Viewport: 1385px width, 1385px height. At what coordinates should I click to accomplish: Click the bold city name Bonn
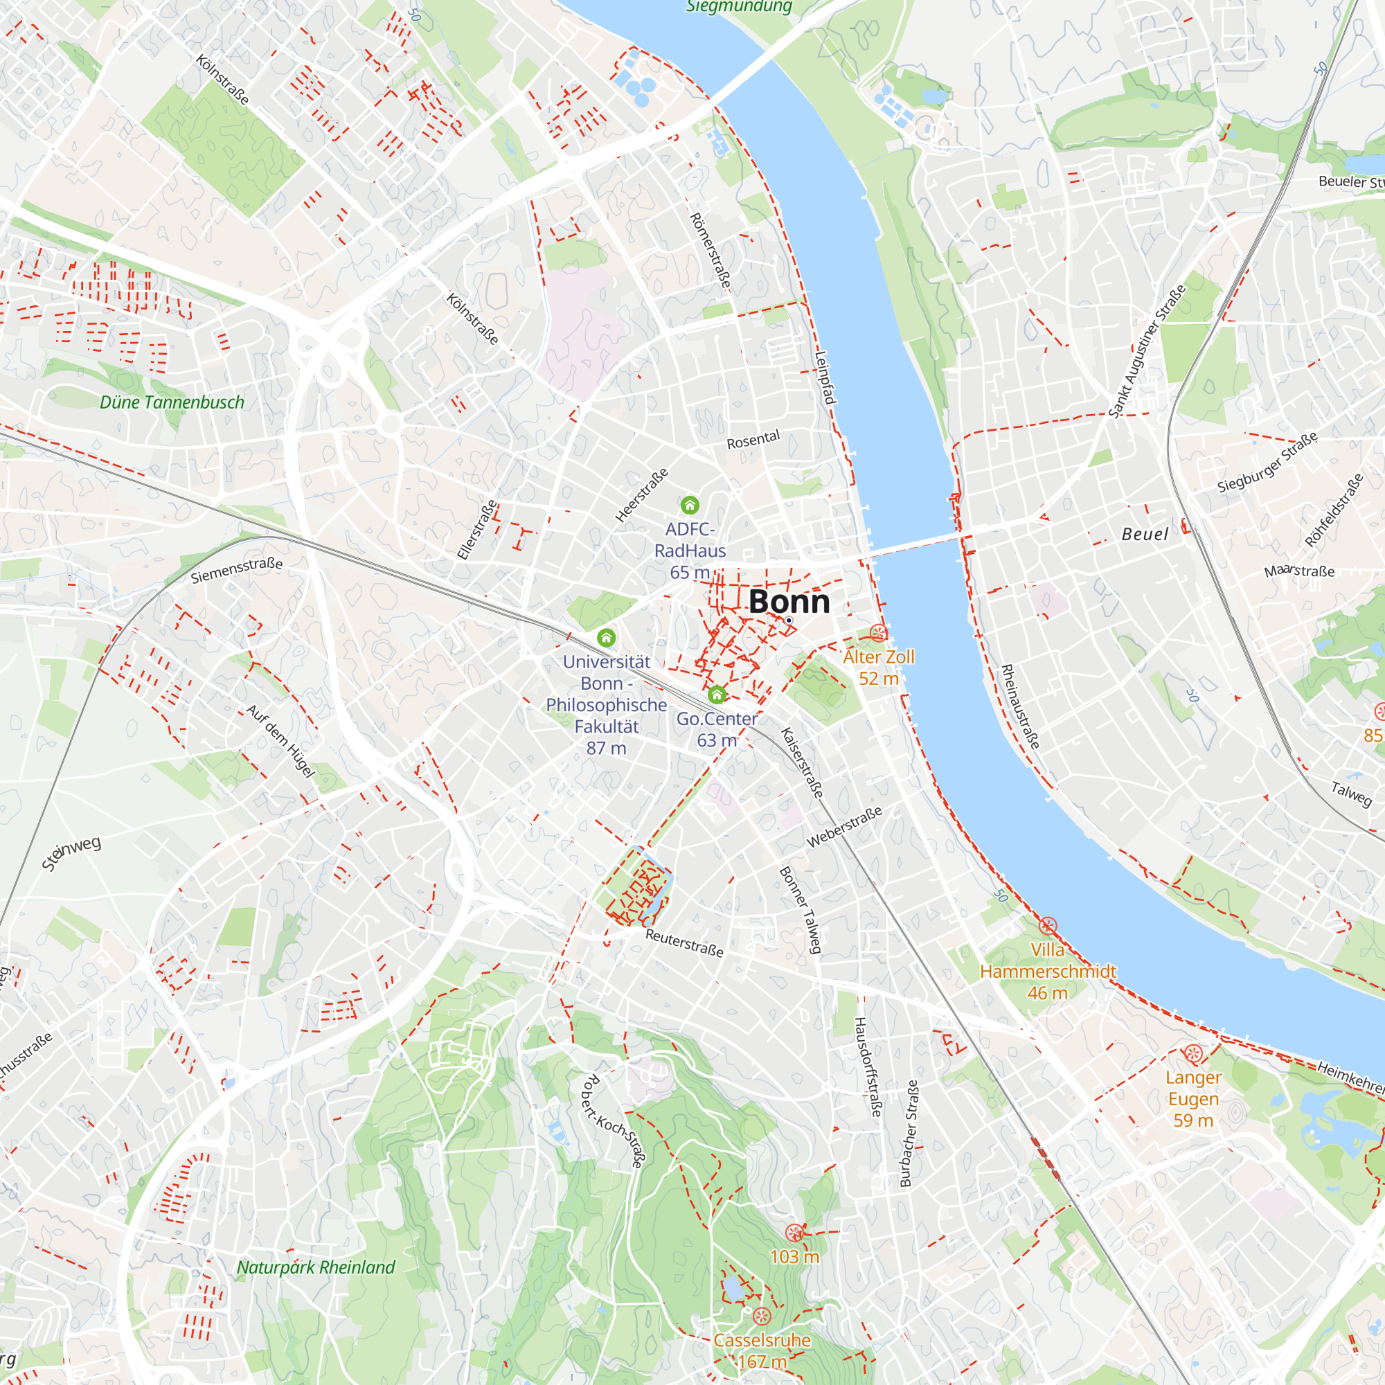[x=789, y=602]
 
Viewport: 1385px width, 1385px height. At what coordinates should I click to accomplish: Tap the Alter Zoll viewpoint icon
[x=878, y=632]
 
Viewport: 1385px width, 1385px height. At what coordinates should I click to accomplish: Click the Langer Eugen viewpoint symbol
[x=1193, y=1054]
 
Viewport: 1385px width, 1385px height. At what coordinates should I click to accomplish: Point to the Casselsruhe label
[x=762, y=1340]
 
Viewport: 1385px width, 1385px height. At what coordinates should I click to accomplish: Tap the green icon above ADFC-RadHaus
[x=690, y=506]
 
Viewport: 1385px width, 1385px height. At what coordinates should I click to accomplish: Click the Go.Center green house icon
[x=716, y=694]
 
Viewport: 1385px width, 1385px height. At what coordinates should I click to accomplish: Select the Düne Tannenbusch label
[x=172, y=402]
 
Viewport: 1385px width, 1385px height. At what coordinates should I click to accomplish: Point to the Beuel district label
[x=1145, y=534]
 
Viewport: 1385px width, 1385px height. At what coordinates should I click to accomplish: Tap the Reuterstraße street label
[x=684, y=942]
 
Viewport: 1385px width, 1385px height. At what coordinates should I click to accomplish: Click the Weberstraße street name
[x=843, y=827]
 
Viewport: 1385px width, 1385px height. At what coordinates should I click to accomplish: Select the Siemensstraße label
[x=237, y=570]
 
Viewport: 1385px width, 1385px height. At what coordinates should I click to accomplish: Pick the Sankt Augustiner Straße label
[x=1146, y=351]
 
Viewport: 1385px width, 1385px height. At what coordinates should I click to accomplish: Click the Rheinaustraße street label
[x=1019, y=707]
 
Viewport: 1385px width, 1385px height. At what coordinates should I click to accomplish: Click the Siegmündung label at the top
[x=738, y=7]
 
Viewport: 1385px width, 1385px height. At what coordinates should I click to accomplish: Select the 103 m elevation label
[x=794, y=1256]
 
